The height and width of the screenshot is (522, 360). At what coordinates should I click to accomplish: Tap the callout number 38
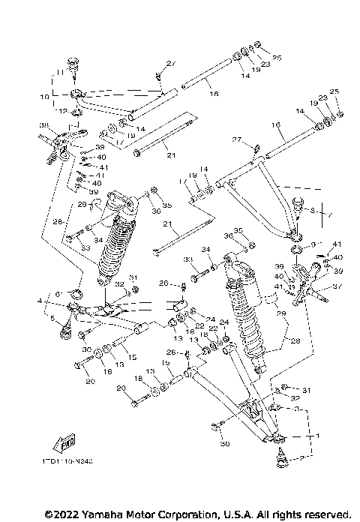44,125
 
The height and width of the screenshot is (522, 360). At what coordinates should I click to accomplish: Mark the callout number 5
52,319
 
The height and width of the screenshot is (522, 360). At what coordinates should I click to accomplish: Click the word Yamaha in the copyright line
91,514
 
